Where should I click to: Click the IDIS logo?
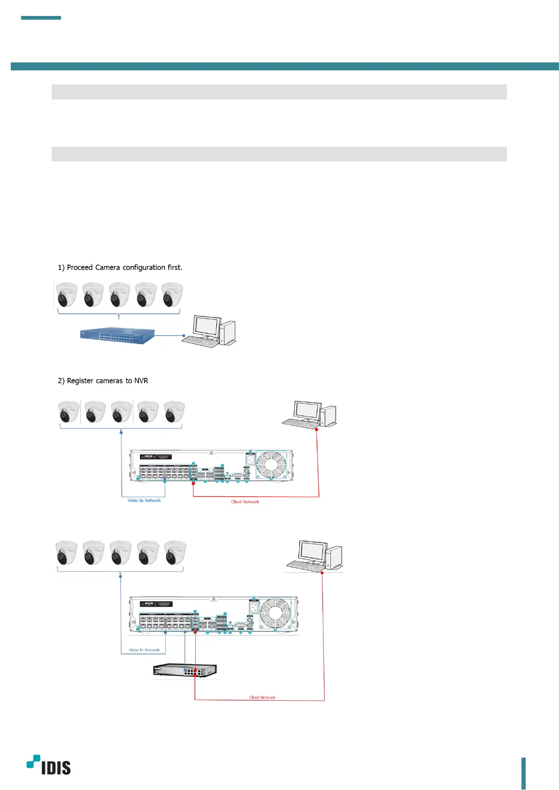tap(49, 765)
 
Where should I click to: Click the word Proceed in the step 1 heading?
tap(80, 267)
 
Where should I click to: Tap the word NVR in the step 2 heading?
tap(141, 381)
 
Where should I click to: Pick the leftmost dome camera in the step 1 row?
tap(67, 295)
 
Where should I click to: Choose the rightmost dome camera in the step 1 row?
tap(172, 295)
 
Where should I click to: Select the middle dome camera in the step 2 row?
tap(121, 412)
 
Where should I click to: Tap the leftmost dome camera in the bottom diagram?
tap(67, 553)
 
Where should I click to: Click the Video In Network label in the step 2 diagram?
tap(144, 501)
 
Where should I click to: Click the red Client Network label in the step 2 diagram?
tap(245, 502)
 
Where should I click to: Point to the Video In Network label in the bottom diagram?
tap(144, 650)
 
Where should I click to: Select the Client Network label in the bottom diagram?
tap(262, 698)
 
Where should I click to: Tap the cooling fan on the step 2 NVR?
tap(271, 465)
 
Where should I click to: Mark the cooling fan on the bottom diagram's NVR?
tap(276, 613)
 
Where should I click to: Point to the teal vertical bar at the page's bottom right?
tap(523, 773)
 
